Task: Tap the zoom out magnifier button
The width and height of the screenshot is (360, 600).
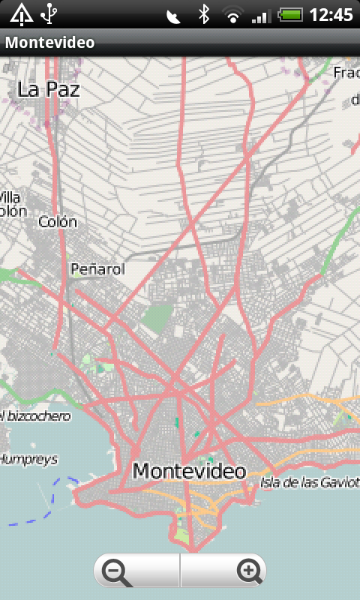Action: (x=119, y=572)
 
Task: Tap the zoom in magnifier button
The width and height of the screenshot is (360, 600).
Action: (x=248, y=572)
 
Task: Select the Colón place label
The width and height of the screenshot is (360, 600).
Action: (x=58, y=222)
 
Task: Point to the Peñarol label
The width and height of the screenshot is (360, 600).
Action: (x=97, y=268)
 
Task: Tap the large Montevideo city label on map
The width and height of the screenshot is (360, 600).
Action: (x=189, y=471)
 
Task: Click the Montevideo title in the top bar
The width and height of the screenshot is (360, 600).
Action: (x=50, y=43)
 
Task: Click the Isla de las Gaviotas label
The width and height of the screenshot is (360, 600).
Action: (x=310, y=481)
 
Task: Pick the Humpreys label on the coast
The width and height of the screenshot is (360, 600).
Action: (x=28, y=459)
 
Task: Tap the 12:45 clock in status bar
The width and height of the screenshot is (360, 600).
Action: (x=331, y=14)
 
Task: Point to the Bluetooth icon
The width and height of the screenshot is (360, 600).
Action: (x=203, y=14)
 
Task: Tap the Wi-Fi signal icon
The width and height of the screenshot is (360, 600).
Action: (x=233, y=14)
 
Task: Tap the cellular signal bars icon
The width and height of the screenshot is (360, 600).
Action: (x=262, y=14)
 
